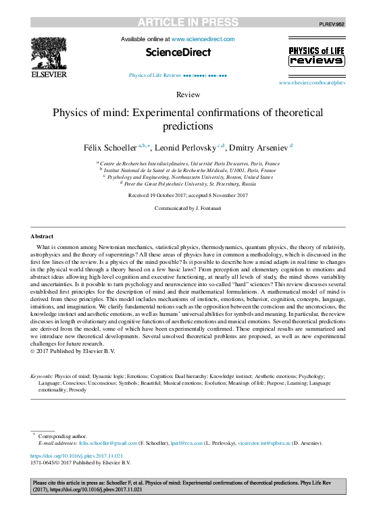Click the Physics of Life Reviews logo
tap(316, 56)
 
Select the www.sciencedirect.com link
tap(203, 39)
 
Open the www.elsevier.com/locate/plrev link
tap(311, 82)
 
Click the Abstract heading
tap(42, 236)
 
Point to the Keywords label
tap(42, 375)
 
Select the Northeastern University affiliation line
tap(191, 176)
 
